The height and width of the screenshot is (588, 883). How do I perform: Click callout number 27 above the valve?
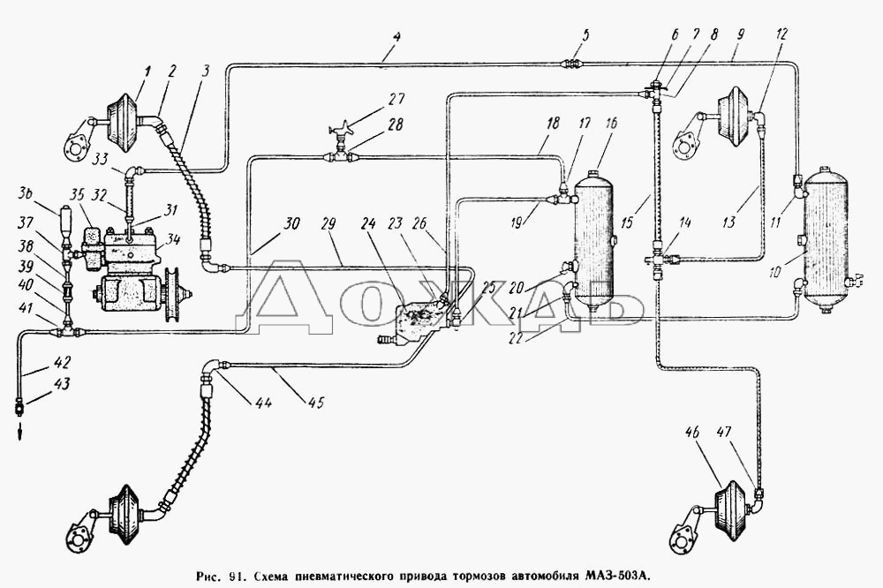tap(396, 99)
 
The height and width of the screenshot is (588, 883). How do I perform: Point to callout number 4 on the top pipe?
tap(397, 39)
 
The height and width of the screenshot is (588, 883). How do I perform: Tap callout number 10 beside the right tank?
tap(774, 272)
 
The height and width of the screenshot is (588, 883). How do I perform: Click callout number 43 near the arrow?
tap(62, 384)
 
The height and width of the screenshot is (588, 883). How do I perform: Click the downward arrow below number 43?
tap(19, 432)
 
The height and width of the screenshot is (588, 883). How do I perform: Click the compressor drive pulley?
tap(177, 296)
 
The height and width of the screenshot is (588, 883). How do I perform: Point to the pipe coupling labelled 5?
tap(574, 64)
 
